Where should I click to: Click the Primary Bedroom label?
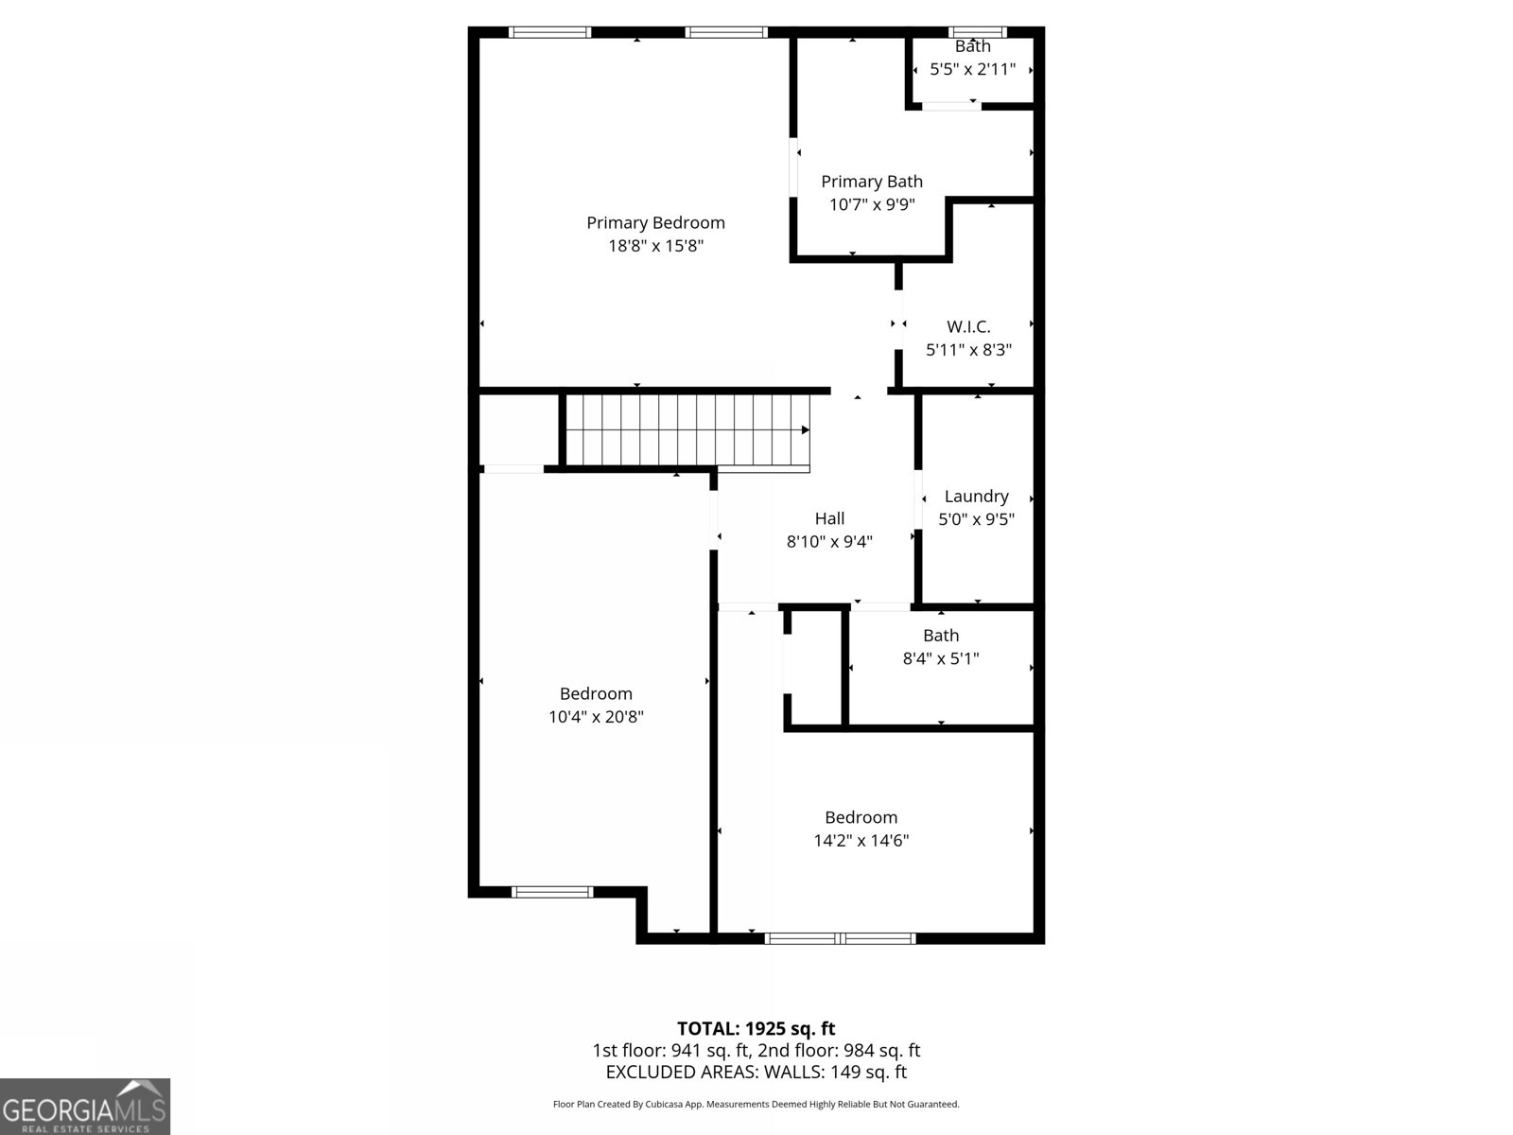pos(655,222)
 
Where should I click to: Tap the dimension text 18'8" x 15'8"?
pos(655,246)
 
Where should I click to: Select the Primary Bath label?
pos(871,182)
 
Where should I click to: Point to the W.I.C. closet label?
pos(968,326)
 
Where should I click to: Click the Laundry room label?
pos(976,496)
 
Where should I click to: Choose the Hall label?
pos(829,518)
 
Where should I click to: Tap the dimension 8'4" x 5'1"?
pos(940,658)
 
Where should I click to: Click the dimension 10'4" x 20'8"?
pos(596,717)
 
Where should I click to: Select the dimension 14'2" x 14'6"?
pos(861,840)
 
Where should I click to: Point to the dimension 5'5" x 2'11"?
pos(972,69)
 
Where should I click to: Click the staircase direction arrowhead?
pos(806,430)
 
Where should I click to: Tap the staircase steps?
pos(686,430)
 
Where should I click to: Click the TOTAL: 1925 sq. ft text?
pos(756,1028)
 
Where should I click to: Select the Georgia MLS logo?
pos(85,1107)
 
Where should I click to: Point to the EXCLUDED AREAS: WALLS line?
pos(756,1072)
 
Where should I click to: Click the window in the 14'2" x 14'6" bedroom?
pos(840,938)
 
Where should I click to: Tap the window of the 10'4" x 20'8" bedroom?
pos(552,891)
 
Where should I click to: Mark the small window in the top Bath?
pos(978,32)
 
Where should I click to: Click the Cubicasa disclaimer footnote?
pos(756,1104)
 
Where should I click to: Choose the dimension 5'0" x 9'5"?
pos(976,519)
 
